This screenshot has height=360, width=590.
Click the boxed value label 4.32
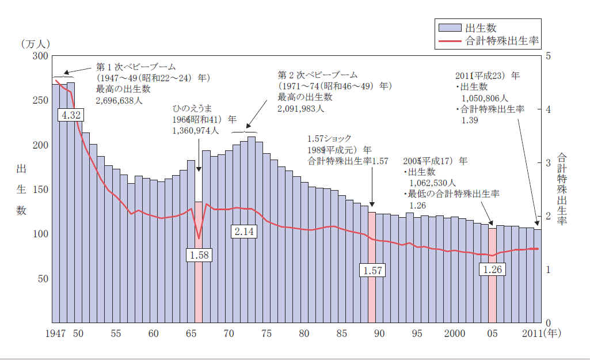pos(71,115)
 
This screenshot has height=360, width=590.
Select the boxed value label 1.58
pos(199,255)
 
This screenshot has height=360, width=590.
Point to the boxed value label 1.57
pos(371,270)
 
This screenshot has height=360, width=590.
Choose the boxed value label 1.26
pos(492,270)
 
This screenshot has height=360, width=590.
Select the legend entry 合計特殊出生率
pos(501,41)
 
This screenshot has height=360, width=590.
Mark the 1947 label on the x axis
pos(56,334)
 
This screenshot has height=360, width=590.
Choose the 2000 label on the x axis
pos(455,334)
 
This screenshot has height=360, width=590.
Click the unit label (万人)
pos(36,44)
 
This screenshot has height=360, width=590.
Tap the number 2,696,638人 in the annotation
pos(119,100)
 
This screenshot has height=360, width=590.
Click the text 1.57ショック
pos(329,139)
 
